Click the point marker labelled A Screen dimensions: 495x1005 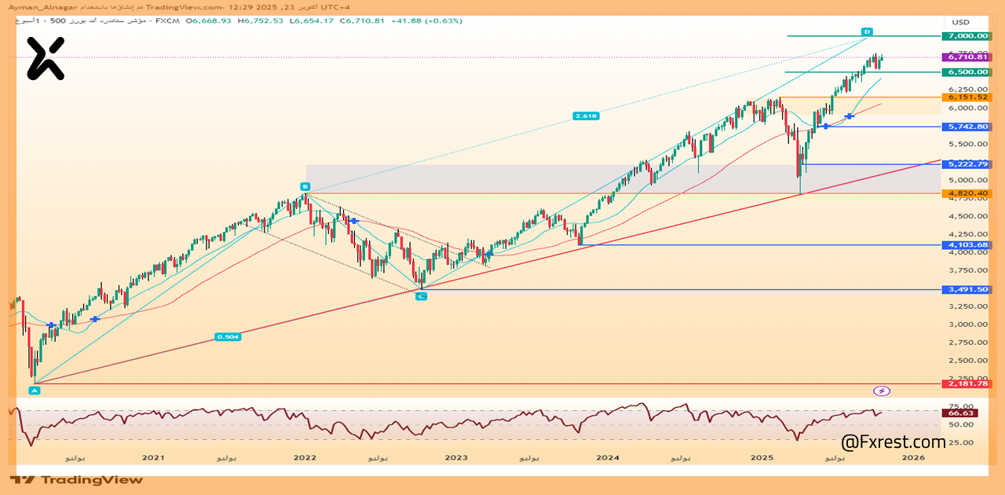[x=34, y=390]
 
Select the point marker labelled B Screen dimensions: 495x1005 [x=305, y=186]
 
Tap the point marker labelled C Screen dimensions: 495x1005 [x=421, y=296]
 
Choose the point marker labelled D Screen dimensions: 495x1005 [x=868, y=31]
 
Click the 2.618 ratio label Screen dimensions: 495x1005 [x=586, y=115]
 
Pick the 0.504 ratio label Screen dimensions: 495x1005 [x=228, y=336]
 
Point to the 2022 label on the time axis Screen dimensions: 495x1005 [x=305, y=457]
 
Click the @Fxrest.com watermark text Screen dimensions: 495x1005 [x=894, y=443]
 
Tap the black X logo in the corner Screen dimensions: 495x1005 [x=45, y=59]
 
